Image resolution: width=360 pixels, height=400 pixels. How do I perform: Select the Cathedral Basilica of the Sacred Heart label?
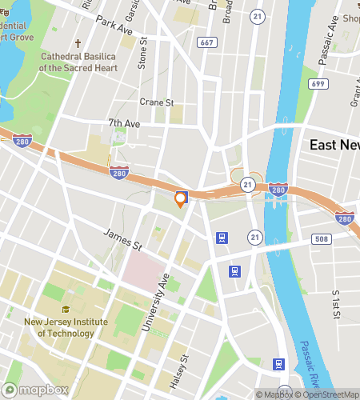[x=78, y=63]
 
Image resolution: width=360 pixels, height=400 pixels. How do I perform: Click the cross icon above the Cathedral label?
[x=78, y=44]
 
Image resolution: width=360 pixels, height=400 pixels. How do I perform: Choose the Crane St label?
[x=157, y=102]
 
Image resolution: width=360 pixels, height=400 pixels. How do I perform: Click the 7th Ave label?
[x=124, y=123]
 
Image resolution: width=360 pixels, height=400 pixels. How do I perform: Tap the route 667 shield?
[x=207, y=42]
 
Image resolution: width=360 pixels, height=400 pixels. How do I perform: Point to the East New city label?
[x=334, y=145]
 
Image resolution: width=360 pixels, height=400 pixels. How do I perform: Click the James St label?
[x=122, y=237]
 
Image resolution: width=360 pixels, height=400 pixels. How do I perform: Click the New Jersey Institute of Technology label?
[x=66, y=328]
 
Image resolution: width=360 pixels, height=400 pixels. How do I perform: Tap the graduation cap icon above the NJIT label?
[x=66, y=310]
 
